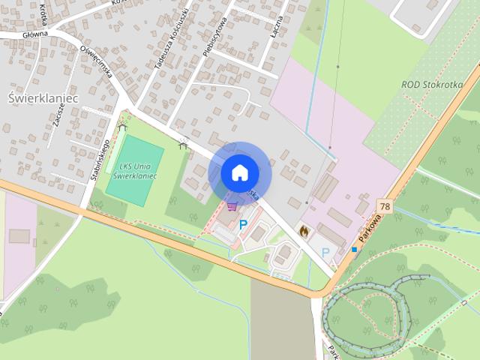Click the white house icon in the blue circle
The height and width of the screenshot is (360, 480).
click(239, 172)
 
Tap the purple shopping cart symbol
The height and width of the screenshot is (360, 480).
click(232, 205)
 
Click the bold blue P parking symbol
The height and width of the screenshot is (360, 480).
click(242, 223)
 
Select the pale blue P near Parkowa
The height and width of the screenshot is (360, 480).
click(325, 253)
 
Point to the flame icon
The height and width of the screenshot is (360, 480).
click(304, 232)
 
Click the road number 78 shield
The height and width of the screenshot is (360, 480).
click(385, 205)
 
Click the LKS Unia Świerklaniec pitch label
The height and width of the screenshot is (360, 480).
click(136, 169)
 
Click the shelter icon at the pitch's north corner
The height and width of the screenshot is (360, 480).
click(123, 128)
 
